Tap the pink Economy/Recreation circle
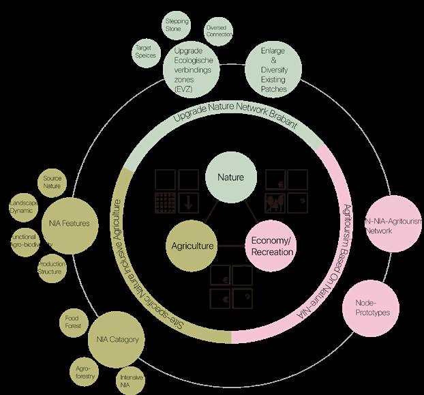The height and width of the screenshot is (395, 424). pyautogui.click(x=272, y=247)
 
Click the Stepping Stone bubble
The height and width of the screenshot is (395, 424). pyautogui.click(x=177, y=26)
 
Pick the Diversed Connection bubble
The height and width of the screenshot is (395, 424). pyautogui.click(x=219, y=31)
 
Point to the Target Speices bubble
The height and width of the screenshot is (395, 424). pyautogui.click(x=146, y=52)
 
